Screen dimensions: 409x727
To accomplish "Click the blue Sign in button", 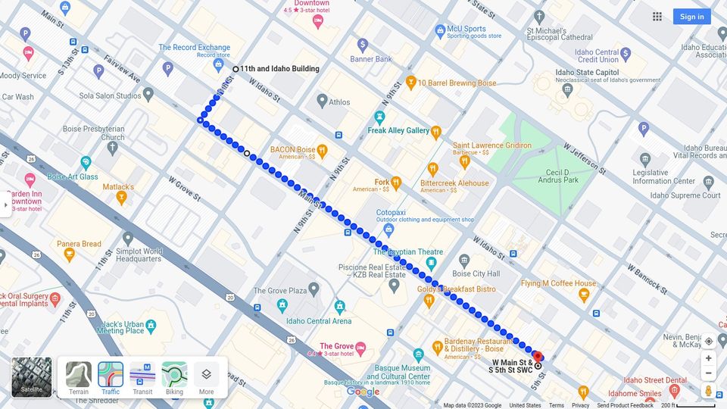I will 691,17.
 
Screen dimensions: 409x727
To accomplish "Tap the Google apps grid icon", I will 657,17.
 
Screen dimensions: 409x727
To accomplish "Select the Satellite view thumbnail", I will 32,377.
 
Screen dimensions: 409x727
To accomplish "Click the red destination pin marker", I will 538,356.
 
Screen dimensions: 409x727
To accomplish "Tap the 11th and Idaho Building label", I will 279,69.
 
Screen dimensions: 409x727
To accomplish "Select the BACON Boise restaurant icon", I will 322,150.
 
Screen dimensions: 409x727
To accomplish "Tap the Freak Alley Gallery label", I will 398,131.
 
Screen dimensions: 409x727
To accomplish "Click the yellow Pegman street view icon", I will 709,391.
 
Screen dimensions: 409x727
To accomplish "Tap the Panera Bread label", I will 79,244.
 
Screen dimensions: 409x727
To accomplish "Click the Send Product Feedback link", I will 625,405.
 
